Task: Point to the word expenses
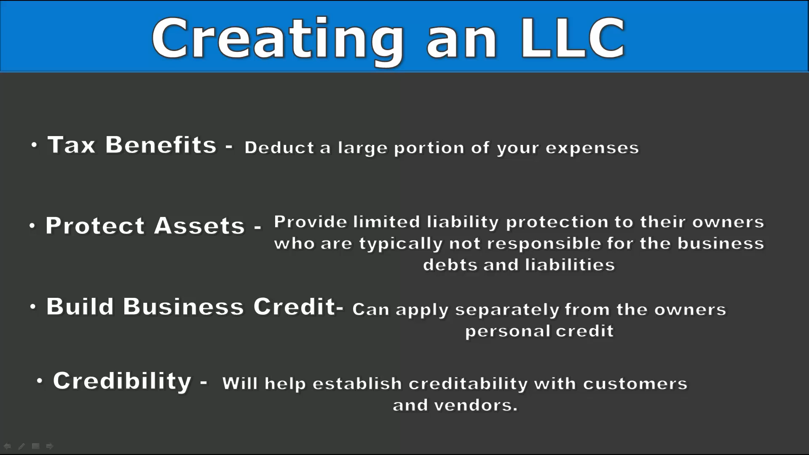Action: [x=592, y=148]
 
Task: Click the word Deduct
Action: [x=279, y=147]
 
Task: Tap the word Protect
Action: [x=95, y=225]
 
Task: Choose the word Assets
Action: [x=199, y=225]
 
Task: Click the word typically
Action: [x=401, y=244]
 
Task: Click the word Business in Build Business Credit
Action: [x=183, y=306]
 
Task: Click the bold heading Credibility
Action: [x=122, y=381]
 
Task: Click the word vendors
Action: [x=476, y=405]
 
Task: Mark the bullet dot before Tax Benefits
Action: [x=34, y=145]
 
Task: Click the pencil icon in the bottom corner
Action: [x=21, y=446]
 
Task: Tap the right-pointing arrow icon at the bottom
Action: [x=50, y=446]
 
